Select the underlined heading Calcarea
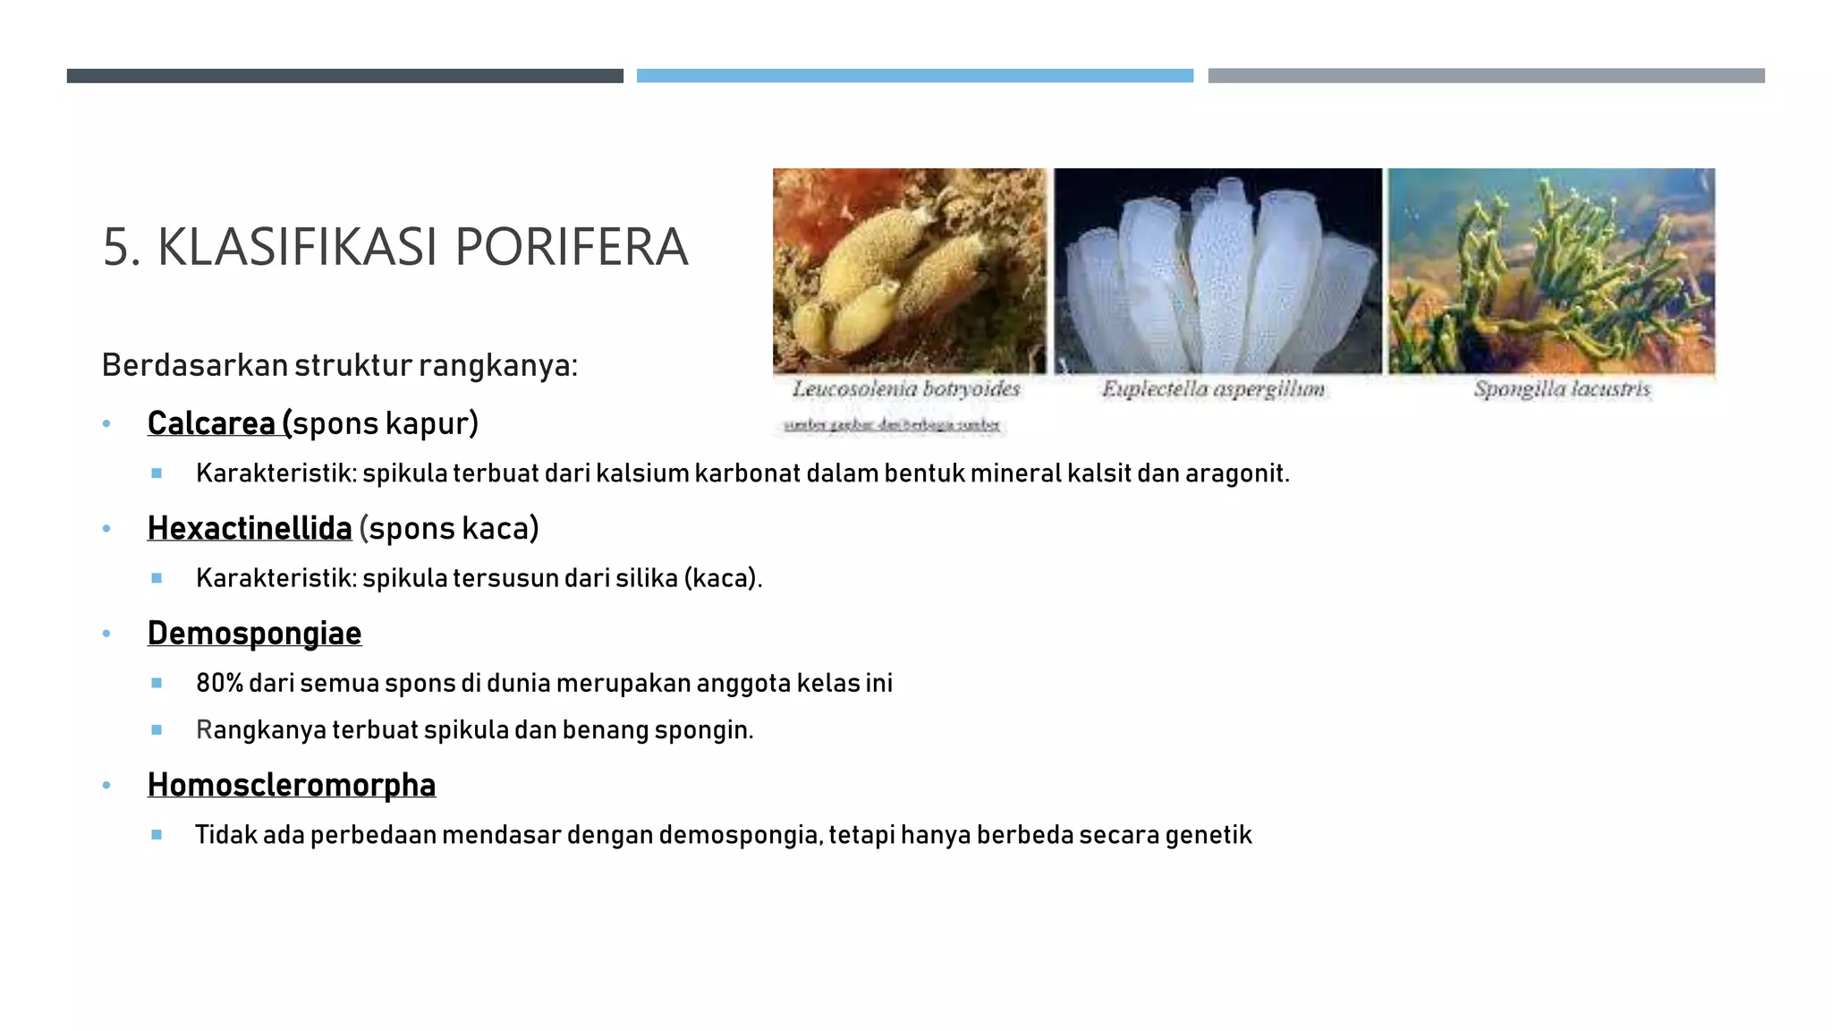click(x=212, y=423)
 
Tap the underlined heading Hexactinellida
click(x=250, y=528)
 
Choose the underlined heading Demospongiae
click(x=254, y=633)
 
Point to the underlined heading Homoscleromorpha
click(x=292, y=785)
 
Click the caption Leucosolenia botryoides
click(x=906, y=389)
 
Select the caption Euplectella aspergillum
click(x=1213, y=389)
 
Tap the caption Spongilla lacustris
click(x=1562, y=389)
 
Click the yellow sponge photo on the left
click(x=909, y=270)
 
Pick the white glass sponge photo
click(x=1217, y=270)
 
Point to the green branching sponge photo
click(x=1551, y=270)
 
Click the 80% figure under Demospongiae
click(x=220, y=684)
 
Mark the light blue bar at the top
click(x=914, y=76)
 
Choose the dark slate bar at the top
click(x=344, y=76)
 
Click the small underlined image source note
click(x=892, y=425)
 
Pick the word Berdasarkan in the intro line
click(x=194, y=365)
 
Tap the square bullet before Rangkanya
click(x=157, y=730)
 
